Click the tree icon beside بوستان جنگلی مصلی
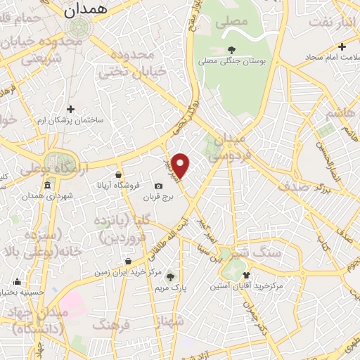pyautogui.click(x=232, y=50)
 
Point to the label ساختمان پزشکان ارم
pyautogui.click(x=70, y=120)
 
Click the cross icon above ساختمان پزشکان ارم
pyautogui.click(x=70, y=108)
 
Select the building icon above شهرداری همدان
pyautogui.click(x=47, y=186)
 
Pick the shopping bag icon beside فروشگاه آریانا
pyautogui.click(x=117, y=175)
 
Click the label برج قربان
pyautogui.click(x=158, y=198)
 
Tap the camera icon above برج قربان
pyautogui.click(x=158, y=186)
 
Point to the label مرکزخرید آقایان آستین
pyautogui.click(x=246, y=287)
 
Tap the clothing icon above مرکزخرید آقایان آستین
pyautogui.click(x=246, y=275)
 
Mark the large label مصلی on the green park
pyautogui.click(x=234, y=22)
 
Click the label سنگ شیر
pyautogui.click(x=262, y=251)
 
